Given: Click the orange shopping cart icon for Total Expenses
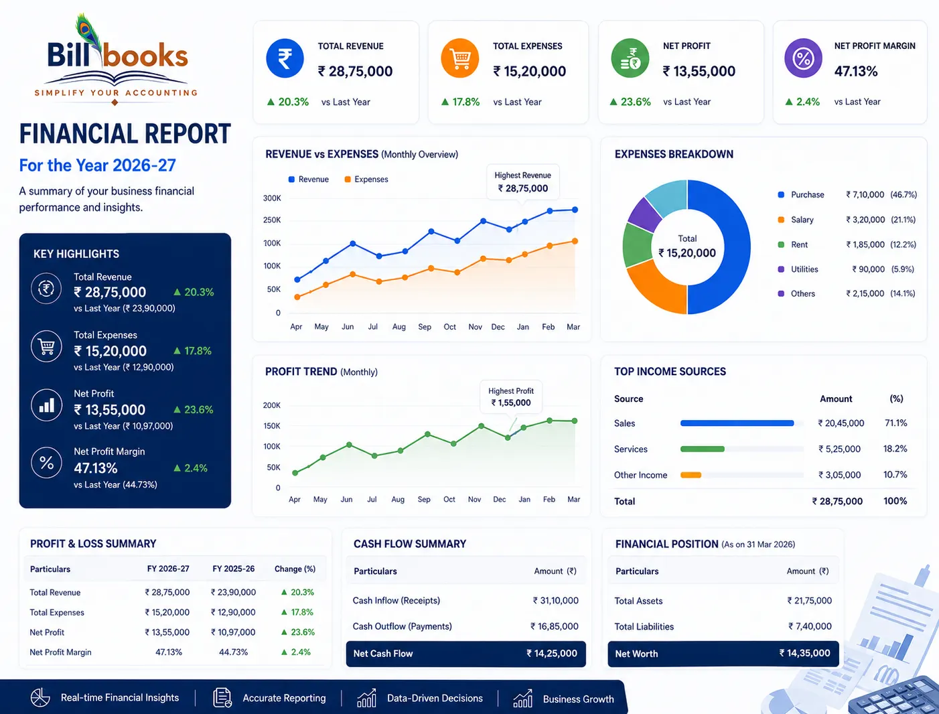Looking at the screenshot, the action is (x=460, y=58).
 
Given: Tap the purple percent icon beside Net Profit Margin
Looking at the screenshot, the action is (x=803, y=58).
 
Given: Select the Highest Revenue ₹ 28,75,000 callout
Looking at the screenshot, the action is (x=523, y=182).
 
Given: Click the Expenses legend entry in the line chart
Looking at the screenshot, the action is (x=366, y=180).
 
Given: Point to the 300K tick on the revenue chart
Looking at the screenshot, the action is (x=272, y=198).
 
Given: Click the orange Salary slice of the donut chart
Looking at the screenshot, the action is (x=654, y=287).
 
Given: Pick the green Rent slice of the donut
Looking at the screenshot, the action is (x=636, y=246).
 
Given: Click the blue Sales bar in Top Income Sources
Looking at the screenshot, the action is (x=737, y=423).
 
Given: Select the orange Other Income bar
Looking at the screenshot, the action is (x=691, y=475).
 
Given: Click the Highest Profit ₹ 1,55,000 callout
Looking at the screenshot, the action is (x=511, y=397).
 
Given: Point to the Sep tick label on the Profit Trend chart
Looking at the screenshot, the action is (x=423, y=499).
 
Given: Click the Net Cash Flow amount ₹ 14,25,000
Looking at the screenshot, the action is (x=551, y=653).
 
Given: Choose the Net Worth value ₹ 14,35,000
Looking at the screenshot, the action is (x=804, y=653).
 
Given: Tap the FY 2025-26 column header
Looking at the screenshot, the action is (x=234, y=569).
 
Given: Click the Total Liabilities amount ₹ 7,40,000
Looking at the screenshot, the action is (x=810, y=626).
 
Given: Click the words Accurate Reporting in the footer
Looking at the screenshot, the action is (x=284, y=698).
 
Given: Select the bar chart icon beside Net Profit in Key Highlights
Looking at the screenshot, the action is (x=47, y=405).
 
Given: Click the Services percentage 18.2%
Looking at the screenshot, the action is (x=895, y=448).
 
